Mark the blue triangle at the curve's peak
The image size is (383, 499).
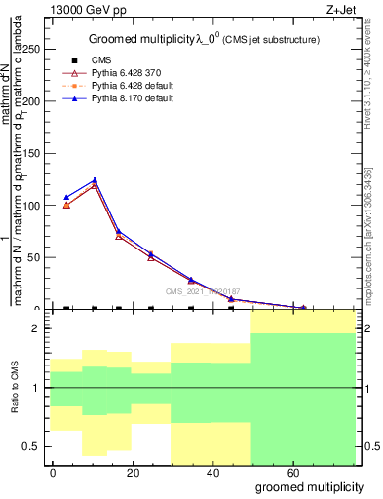click(95, 180)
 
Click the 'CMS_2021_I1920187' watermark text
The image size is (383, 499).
click(202, 290)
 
